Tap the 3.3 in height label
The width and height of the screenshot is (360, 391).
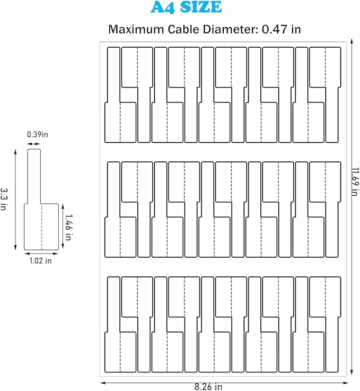4,198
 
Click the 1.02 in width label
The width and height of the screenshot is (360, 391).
41,260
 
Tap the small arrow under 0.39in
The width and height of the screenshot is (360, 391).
34,143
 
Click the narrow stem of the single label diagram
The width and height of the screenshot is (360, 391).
34,175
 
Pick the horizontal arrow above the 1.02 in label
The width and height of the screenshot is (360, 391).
41,254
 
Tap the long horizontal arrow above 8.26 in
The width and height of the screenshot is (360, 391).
223,381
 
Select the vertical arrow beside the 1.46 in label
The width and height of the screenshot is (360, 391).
62,223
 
